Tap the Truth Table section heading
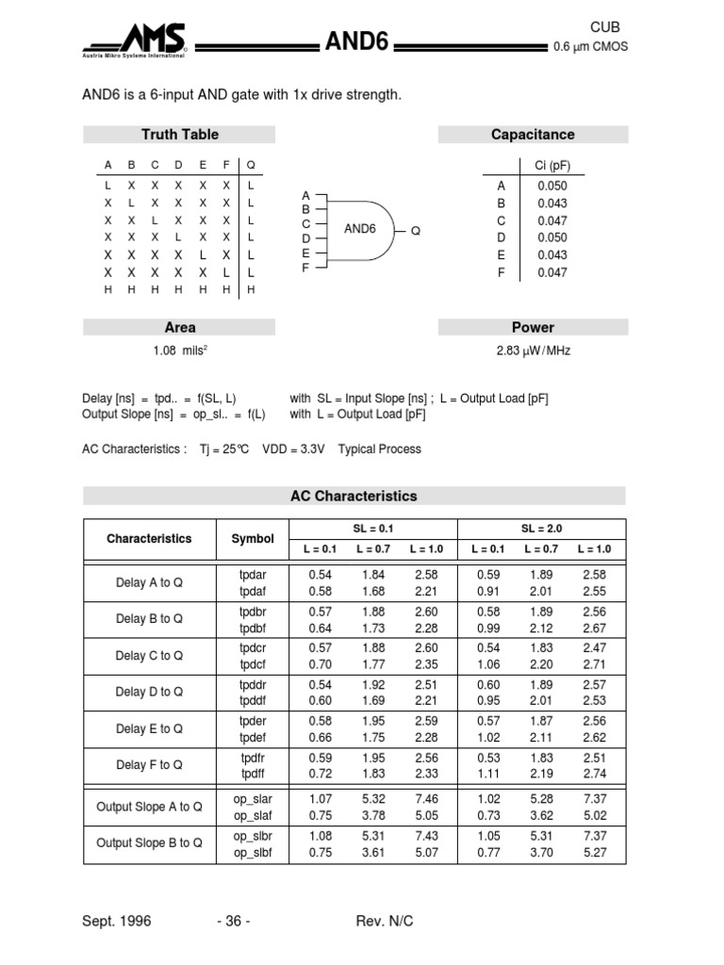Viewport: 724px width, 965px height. (x=179, y=135)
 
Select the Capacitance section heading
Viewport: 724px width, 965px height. (x=533, y=135)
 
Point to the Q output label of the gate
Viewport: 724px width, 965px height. (x=415, y=231)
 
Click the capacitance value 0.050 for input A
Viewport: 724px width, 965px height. (x=551, y=187)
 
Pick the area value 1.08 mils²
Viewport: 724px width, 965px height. (x=179, y=351)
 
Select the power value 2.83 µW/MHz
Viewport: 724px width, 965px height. (x=533, y=351)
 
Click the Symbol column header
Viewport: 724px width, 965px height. (x=253, y=539)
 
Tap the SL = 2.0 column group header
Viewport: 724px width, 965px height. (x=541, y=529)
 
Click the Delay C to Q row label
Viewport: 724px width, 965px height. (x=149, y=656)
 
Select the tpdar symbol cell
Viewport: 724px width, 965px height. (x=253, y=574)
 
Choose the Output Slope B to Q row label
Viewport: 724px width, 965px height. (x=149, y=843)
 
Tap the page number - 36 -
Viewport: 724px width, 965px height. (x=233, y=921)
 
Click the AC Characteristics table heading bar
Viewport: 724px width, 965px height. (x=354, y=496)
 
